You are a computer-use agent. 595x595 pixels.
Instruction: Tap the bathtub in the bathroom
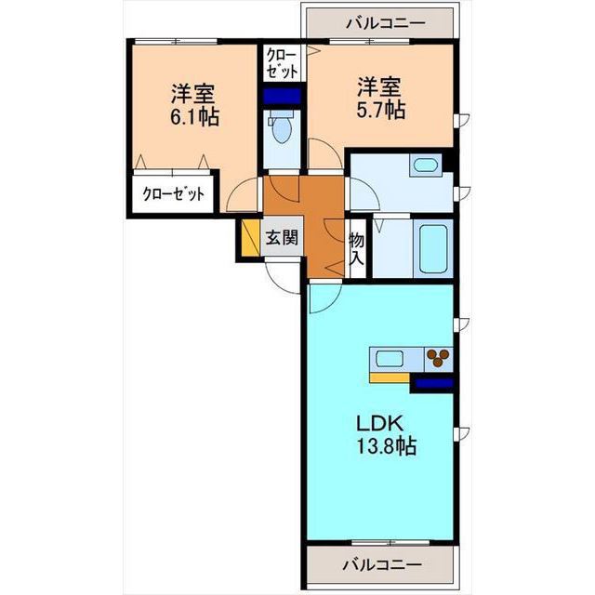pos(433,248)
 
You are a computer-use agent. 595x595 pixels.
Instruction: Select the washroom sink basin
pos(426,165)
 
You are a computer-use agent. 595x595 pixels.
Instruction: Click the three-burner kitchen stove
pos(438,359)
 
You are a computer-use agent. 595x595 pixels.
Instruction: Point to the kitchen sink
pos(389,359)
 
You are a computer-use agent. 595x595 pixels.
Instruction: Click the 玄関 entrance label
pos(282,238)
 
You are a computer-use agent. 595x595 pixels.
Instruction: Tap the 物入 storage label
pos(357,249)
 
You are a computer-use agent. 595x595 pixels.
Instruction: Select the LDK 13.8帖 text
pos(386,435)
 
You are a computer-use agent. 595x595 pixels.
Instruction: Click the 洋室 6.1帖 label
pos(195,105)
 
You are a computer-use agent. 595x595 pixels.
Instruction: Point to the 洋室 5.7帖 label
pos(381,99)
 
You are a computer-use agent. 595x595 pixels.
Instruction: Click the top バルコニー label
pos(386,23)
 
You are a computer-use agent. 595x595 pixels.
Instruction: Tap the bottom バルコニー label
pos(382,565)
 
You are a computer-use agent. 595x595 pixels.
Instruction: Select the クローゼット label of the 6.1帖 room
pos(173,194)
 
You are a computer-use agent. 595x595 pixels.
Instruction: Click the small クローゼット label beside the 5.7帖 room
pos(283,63)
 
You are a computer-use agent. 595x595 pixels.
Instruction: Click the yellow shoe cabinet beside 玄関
pos(250,238)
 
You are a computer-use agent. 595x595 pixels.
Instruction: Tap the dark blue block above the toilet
pos(282,96)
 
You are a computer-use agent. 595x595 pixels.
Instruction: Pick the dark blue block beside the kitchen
pos(434,384)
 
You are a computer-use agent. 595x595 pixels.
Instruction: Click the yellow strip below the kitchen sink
pos(390,377)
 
